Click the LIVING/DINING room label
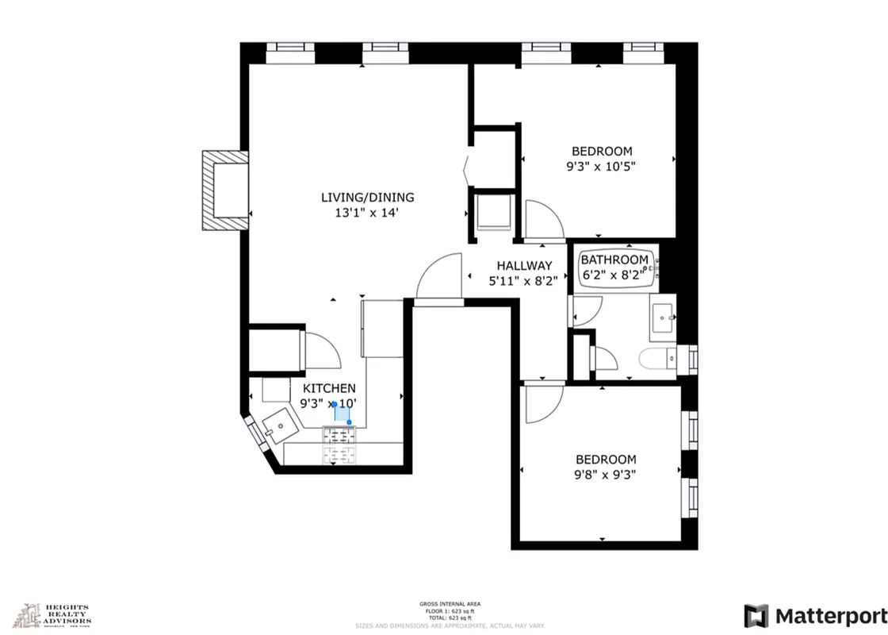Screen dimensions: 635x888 (x=367, y=198)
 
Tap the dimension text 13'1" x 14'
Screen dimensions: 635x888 (x=367, y=213)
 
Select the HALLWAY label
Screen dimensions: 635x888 (x=524, y=266)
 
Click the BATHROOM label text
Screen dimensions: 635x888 (x=614, y=260)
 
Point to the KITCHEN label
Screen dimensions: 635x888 (x=329, y=388)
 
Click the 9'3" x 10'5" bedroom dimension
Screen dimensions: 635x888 (x=602, y=167)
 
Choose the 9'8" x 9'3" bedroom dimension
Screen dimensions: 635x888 (x=606, y=475)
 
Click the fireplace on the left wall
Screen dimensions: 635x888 (x=223, y=190)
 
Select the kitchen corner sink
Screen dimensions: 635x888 (x=277, y=429)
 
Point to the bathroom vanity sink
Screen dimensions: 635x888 (x=662, y=317)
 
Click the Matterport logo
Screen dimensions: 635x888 (x=815, y=616)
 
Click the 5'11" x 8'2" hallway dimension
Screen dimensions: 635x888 (x=524, y=280)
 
